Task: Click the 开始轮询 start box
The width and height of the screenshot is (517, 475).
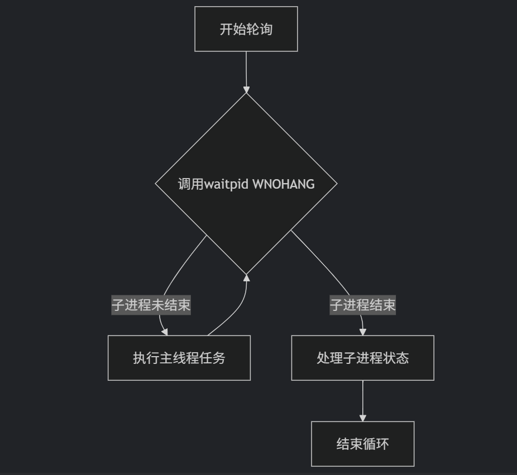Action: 246,29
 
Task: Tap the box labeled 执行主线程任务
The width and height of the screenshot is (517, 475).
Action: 179,358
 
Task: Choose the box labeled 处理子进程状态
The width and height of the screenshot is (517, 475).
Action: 362,358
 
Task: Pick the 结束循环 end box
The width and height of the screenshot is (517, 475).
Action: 362,444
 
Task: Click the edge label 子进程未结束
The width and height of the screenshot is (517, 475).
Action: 151,305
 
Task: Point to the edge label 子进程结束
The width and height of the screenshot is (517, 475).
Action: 362,305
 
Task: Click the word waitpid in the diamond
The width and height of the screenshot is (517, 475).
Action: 227,184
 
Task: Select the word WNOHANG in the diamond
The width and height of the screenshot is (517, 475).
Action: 284,184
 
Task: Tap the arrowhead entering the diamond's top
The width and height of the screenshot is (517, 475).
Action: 246,89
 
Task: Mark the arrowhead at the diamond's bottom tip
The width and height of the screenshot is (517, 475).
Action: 246,278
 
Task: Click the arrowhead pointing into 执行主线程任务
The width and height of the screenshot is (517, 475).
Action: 165,332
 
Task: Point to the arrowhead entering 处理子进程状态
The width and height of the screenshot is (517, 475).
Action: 363,332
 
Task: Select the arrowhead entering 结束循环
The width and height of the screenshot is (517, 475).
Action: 363,418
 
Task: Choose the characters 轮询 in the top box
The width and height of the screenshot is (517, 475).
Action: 260,29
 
